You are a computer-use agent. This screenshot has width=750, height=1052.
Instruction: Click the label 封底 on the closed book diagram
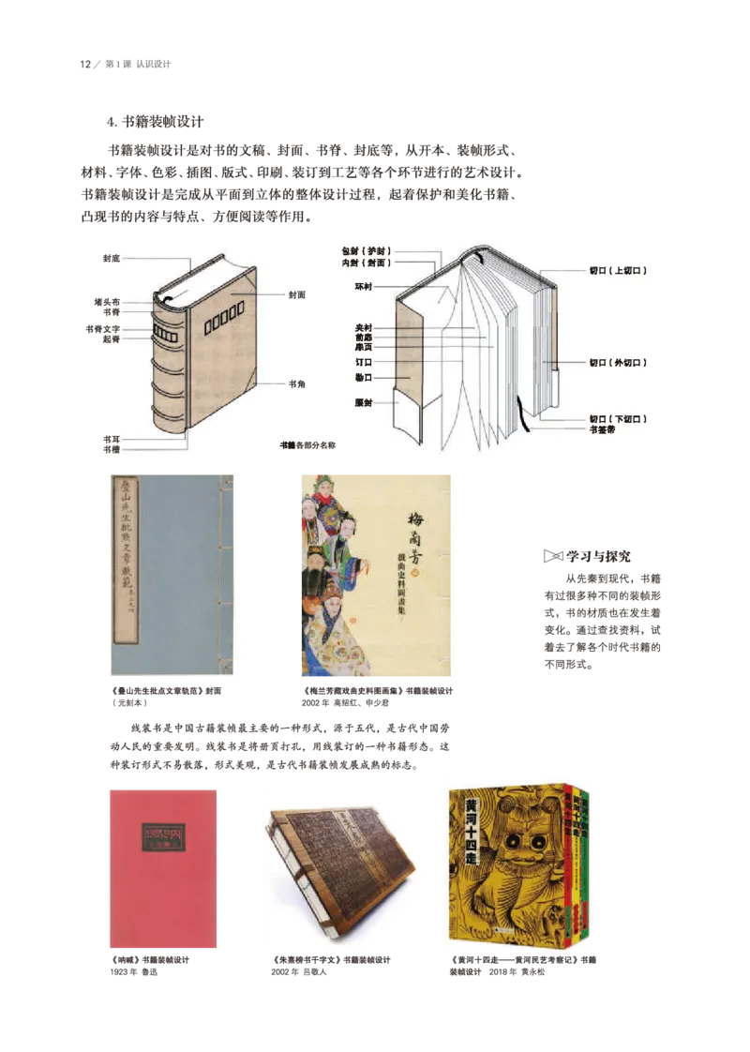click(x=112, y=257)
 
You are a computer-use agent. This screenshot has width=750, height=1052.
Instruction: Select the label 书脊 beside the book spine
click(x=111, y=312)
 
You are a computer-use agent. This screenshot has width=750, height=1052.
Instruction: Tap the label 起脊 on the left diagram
click(x=111, y=339)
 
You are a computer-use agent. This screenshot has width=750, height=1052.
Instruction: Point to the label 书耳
click(x=111, y=439)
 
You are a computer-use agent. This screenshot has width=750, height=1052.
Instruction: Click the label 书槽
click(x=111, y=450)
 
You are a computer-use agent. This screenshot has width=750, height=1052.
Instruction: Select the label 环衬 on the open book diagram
click(x=363, y=286)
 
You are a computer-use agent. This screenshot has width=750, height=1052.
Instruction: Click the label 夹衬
click(x=363, y=327)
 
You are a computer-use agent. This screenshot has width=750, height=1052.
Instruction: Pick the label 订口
click(x=364, y=360)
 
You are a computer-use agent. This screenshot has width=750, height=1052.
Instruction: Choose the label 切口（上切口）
click(x=618, y=270)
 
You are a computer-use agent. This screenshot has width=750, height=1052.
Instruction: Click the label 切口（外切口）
click(x=618, y=361)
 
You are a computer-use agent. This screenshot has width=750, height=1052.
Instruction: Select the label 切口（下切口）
click(x=618, y=418)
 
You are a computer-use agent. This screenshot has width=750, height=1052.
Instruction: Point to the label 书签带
click(x=602, y=428)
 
